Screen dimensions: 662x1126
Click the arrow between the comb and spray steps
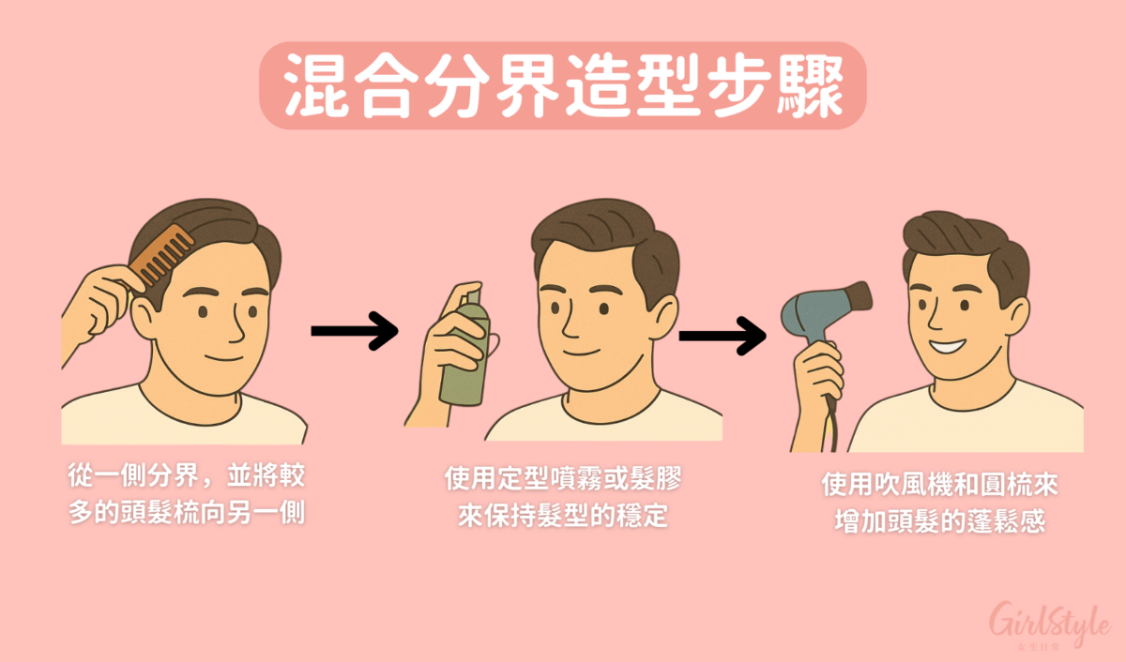click(x=355, y=331)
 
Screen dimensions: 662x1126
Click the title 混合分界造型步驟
click(x=562, y=85)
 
